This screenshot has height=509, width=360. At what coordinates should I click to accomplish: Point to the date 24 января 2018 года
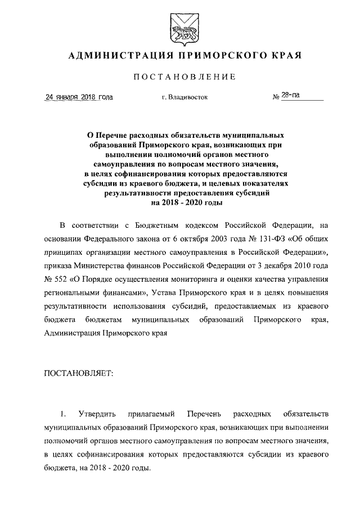pos(79,97)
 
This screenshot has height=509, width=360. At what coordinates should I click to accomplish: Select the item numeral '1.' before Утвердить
pos(65,415)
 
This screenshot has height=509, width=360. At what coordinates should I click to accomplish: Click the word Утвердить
pos(103,415)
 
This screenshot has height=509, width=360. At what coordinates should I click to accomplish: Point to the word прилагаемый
pos(156,415)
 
